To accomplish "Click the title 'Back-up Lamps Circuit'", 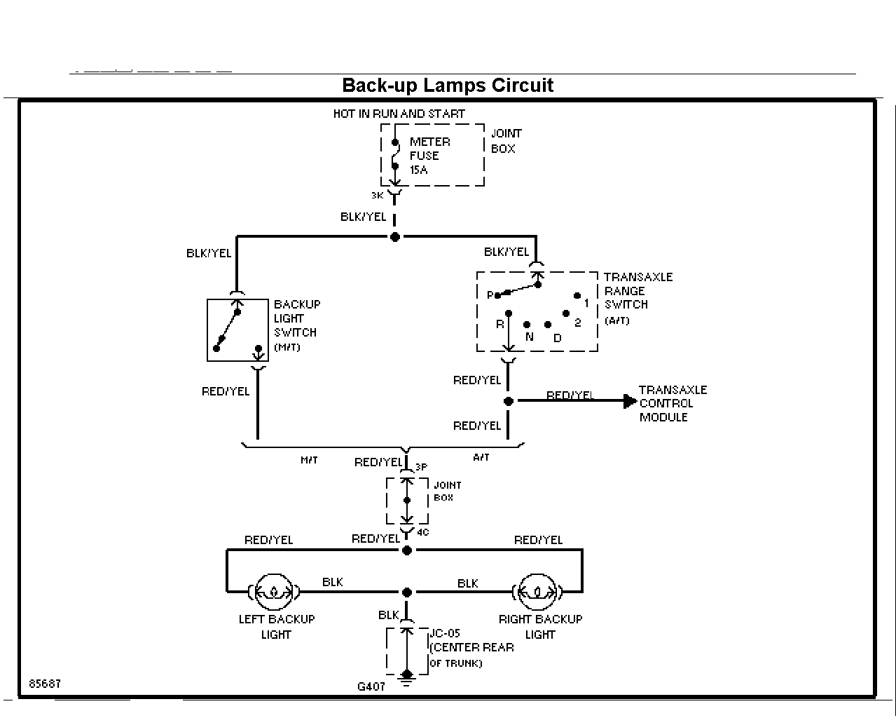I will (448, 86).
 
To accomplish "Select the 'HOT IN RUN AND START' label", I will (399, 114).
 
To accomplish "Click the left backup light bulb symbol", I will (274, 592).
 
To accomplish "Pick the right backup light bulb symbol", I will (537, 592).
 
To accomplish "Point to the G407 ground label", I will (371, 687).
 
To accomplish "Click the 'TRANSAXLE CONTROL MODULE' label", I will (673, 403).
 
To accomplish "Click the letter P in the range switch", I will (490, 296).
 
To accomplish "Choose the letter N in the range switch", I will (529, 337).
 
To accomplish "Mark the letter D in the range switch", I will (558, 338).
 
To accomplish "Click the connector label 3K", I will (377, 196).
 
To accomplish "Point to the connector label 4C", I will (422, 532).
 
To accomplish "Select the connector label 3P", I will (421, 467).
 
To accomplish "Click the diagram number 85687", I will (45, 684).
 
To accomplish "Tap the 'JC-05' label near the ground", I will (445, 633).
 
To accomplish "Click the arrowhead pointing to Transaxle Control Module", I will (629, 401).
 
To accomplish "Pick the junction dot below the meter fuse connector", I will (395, 237).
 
